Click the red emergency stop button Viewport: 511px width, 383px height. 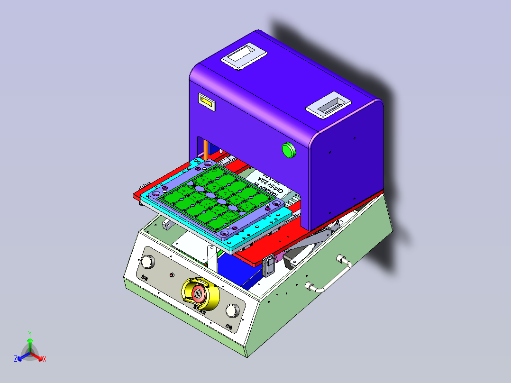tap(199, 293)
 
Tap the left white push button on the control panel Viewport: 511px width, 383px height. tap(148, 262)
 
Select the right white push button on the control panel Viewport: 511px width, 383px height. tap(232, 310)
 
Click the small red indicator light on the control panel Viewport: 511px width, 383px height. tap(172, 275)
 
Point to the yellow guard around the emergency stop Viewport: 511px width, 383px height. tap(211, 294)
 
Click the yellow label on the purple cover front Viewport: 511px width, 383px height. tap(206, 101)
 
